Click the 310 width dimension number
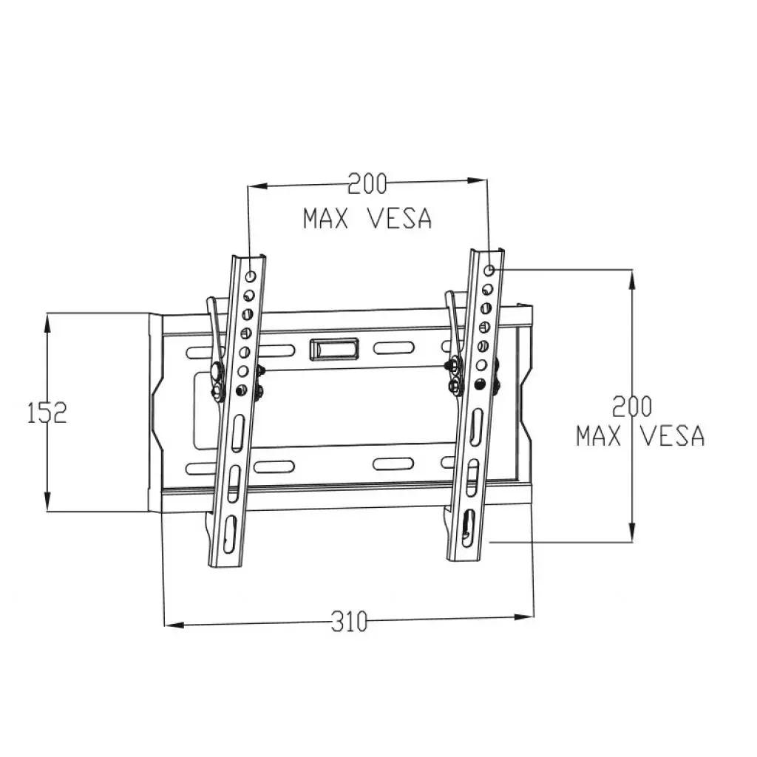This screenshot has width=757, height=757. click(x=348, y=622)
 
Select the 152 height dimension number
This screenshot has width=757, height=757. click(x=47, y=412)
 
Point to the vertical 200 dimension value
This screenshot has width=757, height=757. click(x=632, y=406)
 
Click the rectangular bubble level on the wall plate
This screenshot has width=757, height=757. click(x=334, y=348)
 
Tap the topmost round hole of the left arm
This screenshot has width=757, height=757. click(x=252, y=276)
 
